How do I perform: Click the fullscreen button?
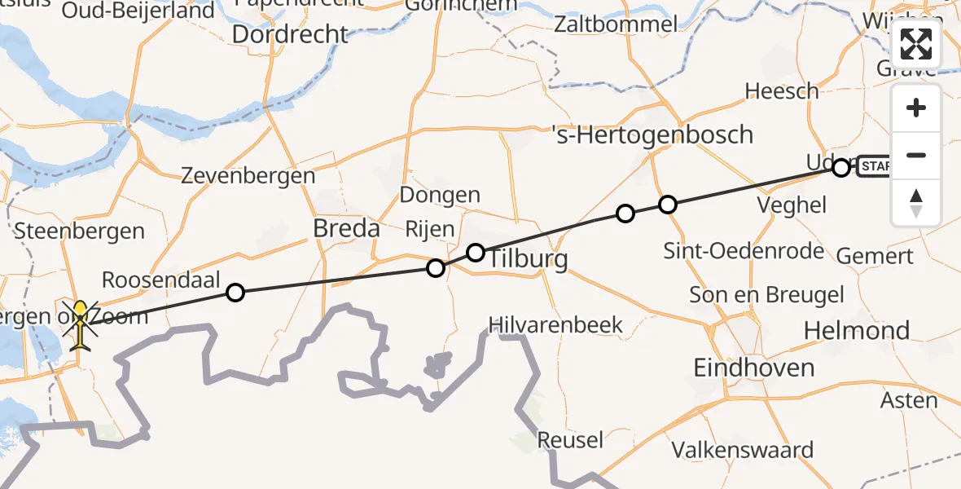916,44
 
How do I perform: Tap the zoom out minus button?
916,155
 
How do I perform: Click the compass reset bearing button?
916,202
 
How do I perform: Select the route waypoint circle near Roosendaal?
235,292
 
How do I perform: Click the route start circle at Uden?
841,168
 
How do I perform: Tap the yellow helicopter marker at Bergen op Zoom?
81,324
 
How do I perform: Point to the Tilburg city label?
527,259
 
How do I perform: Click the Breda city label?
347,229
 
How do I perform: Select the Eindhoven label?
753,368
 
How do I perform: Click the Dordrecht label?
290,34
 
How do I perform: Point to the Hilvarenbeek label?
555,325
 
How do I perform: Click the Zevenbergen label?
248,175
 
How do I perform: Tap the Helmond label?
857,331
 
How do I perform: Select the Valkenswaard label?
742,450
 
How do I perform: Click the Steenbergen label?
79,231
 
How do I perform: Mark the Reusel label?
570,441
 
